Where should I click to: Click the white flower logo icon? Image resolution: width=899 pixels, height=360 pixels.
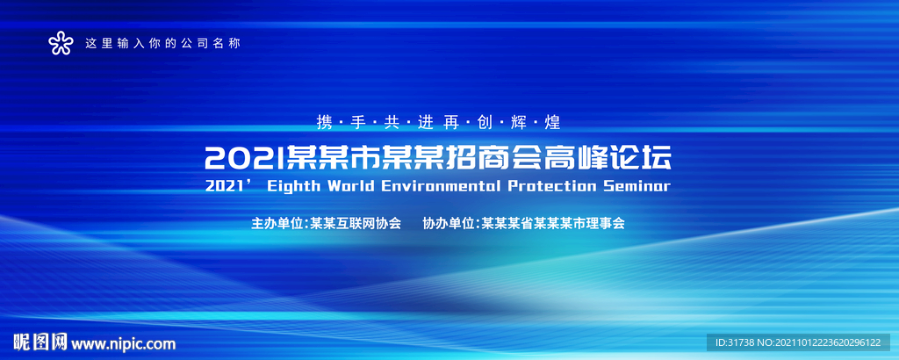click(61, 43)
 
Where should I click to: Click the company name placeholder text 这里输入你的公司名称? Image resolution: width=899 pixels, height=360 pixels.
click(162, 43)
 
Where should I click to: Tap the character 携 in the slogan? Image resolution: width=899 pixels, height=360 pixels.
click(324, 123)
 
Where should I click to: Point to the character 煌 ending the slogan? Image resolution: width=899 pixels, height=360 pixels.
click(553, 123)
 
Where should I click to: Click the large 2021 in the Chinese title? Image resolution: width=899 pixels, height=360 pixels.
click(244, 159)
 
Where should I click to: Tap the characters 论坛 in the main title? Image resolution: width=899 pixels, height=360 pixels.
click(639, 159)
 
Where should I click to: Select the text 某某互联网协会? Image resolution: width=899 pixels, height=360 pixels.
click(356, 223)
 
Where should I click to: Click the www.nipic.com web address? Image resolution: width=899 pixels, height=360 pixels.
click(123, 344)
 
